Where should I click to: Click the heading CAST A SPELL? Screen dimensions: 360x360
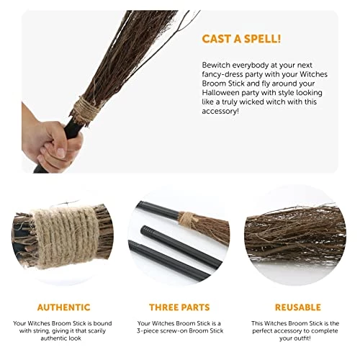(241, 39)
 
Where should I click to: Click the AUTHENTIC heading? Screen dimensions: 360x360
(63, 307)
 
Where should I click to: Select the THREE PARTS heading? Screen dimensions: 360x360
(179, 307)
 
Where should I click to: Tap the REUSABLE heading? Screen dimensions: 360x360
(298, 307)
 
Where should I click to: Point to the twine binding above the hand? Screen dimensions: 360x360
(84, 109)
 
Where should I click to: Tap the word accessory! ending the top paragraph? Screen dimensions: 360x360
(220, 112)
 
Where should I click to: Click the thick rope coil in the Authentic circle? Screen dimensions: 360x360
(66, 238)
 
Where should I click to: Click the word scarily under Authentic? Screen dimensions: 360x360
(97, 330)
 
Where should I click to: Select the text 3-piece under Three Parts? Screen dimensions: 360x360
(148, 331)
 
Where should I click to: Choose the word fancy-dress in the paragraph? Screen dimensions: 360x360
(222, 74)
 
